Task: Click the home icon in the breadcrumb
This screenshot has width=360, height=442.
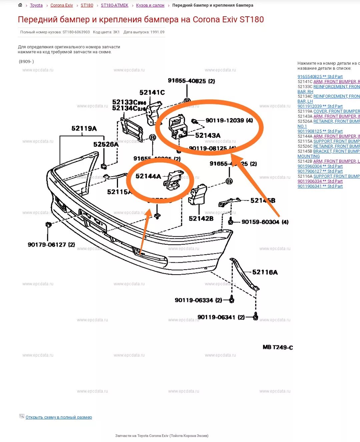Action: coord(20,5)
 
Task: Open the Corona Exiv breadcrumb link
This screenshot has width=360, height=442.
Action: coord(62,5)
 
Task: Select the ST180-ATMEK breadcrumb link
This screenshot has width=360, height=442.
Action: coord(114,5)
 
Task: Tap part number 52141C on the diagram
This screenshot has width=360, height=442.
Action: coord(152,92)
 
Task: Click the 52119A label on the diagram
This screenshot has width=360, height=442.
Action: coord(84,128)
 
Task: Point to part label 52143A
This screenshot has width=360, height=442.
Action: coord(208,135)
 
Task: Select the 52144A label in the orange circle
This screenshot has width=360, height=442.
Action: coord(148,176)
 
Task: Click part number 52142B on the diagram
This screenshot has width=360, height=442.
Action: coord(201,219)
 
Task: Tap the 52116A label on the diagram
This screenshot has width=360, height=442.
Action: coord(265,272)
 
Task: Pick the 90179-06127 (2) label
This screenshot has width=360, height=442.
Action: coord(51,245)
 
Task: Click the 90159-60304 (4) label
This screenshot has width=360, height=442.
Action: coord(265,222)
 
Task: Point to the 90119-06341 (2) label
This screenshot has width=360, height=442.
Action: coord(221,317)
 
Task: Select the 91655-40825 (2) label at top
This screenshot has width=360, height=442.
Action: coord(191,81)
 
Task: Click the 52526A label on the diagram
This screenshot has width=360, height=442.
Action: coord(106,144)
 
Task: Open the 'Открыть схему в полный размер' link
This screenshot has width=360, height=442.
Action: coord(59,417)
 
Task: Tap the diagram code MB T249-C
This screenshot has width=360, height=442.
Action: coord(278,347)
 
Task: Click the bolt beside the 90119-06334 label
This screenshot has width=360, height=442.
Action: coord(232,300)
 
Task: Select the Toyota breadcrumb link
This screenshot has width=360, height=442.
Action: coord(36,5)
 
